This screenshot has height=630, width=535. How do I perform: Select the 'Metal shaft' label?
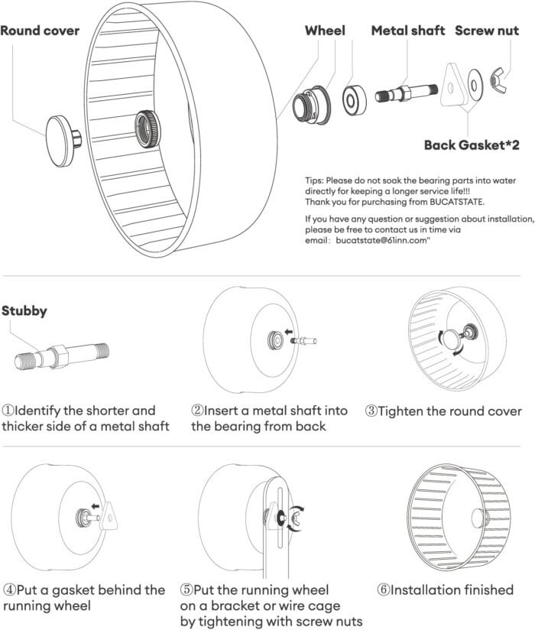[x=409, y=31]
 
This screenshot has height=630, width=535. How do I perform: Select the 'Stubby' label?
[x=24, y=311]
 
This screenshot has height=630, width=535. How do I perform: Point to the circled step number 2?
[x=196, y=411]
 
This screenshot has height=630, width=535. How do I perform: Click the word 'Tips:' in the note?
[x=316, y=180]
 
